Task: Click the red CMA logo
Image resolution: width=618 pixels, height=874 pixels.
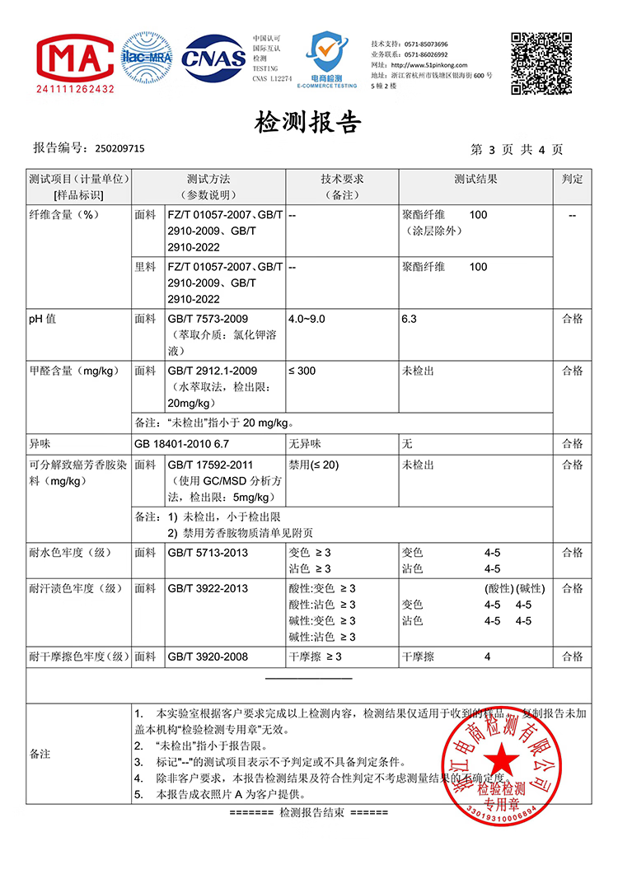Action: (74, 56)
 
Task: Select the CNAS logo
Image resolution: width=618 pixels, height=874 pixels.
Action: (213, 58)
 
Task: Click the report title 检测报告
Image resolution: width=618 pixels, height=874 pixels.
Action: (309, 123)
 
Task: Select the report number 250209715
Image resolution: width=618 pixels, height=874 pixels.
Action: (119, 149)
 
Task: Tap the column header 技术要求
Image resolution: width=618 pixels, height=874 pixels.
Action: (342, 179)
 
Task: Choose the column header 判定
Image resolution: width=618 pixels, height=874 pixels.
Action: (572, 179)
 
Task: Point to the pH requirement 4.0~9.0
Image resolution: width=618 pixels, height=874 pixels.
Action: (312, 319)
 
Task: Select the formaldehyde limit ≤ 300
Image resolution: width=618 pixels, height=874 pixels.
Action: (302, 371)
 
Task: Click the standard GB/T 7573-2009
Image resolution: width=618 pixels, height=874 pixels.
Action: (208, 319)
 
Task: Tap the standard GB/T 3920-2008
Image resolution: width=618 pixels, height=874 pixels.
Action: (208, 657)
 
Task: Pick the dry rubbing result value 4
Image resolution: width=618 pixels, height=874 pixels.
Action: (489, 657)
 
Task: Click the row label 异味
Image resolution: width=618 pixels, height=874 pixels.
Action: (40, 444)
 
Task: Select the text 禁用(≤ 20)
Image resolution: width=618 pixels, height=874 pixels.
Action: (314, 465)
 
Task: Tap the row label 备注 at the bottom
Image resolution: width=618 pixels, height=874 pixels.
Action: (40, 754)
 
